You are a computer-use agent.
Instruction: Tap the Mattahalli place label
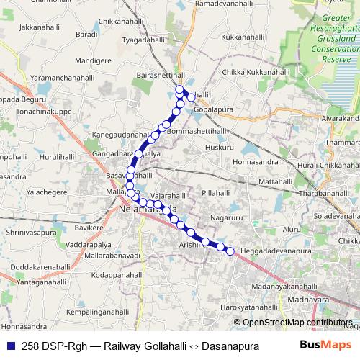(276, 183)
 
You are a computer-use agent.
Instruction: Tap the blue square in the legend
(11, 346)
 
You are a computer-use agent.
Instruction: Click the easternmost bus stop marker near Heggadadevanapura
(230, 251)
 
